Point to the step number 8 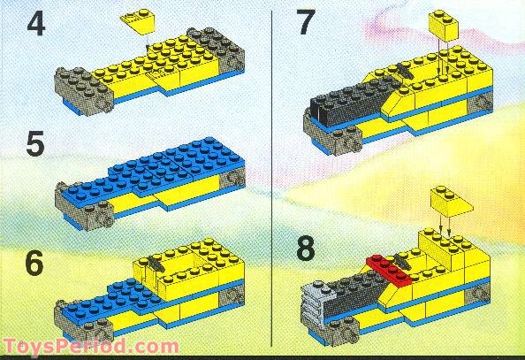click(306, 249)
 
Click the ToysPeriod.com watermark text click(91, 347)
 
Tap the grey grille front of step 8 click(315, 301)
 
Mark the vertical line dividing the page click(269, 177)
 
